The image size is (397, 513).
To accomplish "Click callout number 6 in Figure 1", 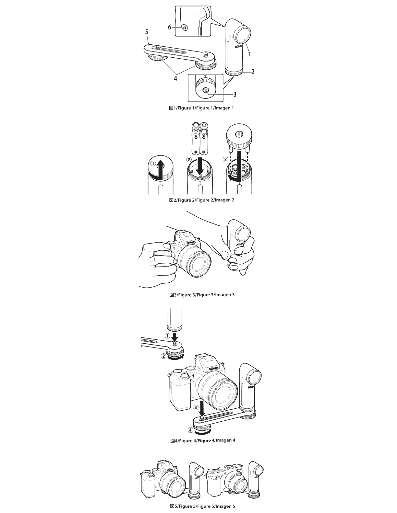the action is click(x=170, y=28).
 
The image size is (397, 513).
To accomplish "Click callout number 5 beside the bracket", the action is click(x=147, y=32).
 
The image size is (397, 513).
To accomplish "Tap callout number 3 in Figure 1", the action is click(x=235, y=95).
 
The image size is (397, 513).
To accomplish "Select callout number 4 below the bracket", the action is click(x=175, y=78).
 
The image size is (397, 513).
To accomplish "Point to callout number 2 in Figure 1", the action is click(x=253, y=72).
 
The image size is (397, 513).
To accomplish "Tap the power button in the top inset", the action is click(x=185, y=28).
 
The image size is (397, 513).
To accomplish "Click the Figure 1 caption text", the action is click(x=201, y=108).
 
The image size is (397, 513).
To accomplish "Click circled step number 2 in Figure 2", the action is click(x=189, y=160).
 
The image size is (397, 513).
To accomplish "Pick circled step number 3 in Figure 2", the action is click(x=225, y=159).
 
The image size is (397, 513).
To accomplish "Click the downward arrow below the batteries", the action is click(x=200, y=167).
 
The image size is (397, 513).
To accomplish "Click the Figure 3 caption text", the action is click(x=202, y=295).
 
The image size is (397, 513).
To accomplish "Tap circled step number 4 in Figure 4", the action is click(x=191, y=430).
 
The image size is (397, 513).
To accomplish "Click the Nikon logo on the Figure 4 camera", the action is click(x=213, y=369).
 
